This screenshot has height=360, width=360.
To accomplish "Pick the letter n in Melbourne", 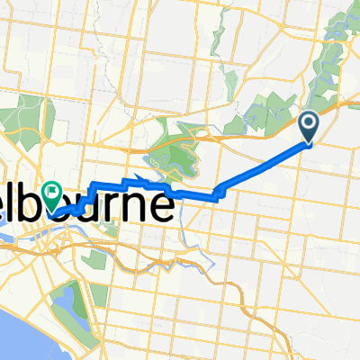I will click(145, 205).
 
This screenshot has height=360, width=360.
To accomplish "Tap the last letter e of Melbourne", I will click(163, 205).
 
